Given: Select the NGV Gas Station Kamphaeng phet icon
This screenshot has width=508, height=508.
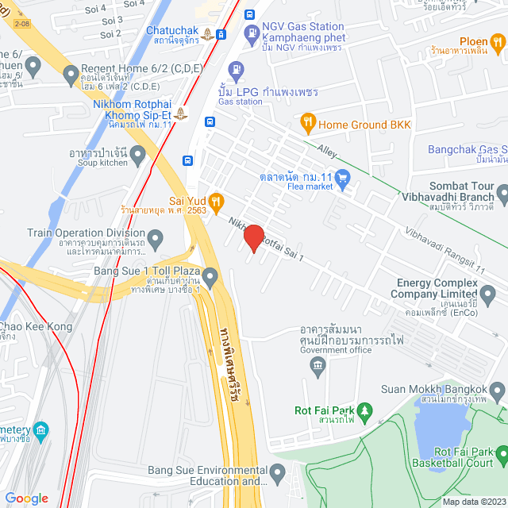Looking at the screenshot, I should tap(252, 33).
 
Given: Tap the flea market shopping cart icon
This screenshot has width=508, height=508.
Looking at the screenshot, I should tap(343, 178).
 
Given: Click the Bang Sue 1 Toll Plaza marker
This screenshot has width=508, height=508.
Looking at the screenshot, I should tap(210, 278).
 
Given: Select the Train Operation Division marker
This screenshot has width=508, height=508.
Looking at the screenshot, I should tap(156, 237).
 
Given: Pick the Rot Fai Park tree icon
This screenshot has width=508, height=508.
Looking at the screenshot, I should tap(364, 410).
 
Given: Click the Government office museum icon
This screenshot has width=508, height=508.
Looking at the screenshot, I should tap(317, 365).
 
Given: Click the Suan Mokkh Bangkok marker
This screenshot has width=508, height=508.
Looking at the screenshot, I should tap(498, 390).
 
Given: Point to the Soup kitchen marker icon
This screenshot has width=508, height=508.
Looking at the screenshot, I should tap(138, 156).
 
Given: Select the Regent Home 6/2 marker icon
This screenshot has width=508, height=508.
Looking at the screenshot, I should tap(71, 76).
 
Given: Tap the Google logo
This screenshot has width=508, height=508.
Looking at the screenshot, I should tap(26, 498).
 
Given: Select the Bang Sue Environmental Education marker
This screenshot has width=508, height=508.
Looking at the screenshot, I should tap(277, 474).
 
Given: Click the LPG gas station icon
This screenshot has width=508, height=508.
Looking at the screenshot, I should tap(234, 70).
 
